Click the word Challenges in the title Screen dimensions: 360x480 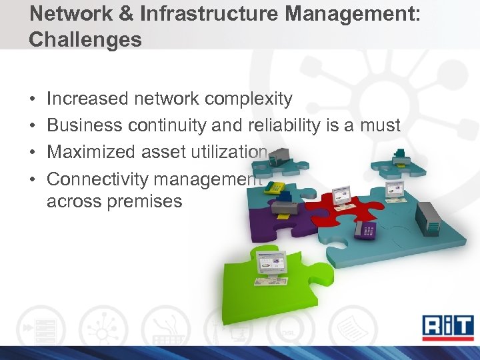[85, 40]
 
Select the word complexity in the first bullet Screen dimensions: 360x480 [249, 99]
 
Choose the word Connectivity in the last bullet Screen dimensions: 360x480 [100, 179]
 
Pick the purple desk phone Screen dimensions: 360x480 [365, 230]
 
